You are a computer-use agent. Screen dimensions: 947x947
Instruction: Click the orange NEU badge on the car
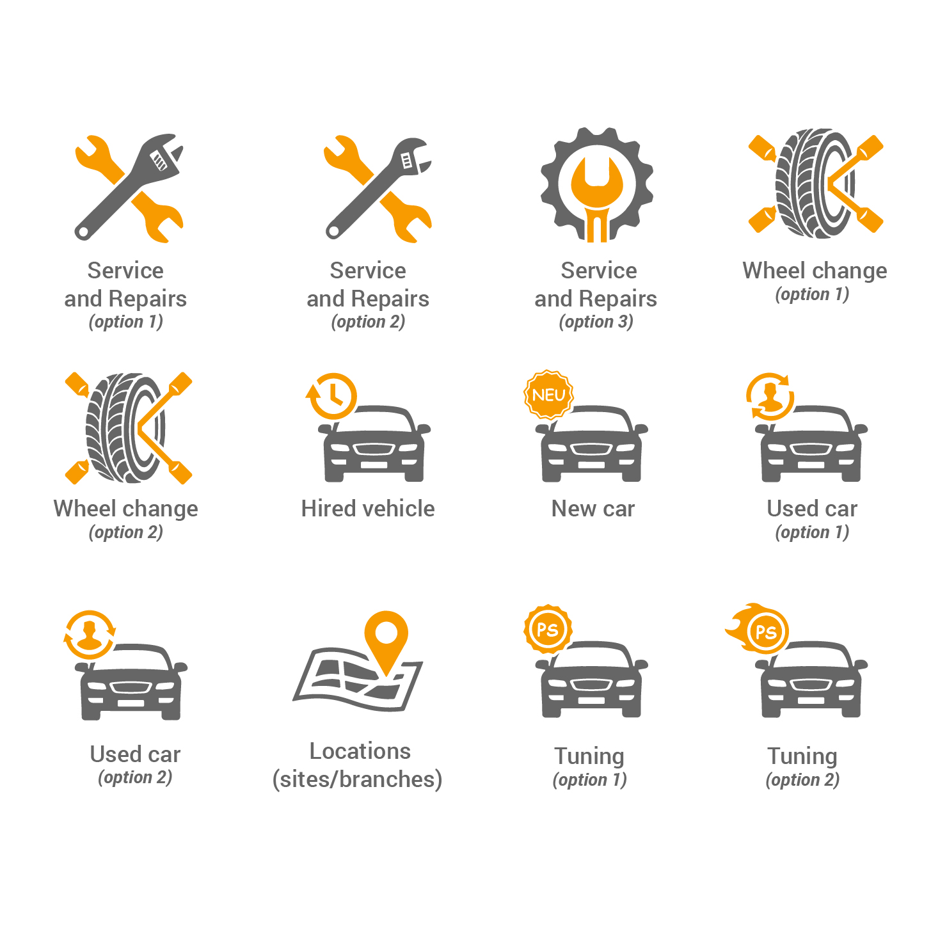[x=548, y=395]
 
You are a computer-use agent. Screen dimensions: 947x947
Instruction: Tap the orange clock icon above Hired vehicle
[x=331, y=396]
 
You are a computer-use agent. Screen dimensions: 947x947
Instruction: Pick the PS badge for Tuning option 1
[x=548, y=630]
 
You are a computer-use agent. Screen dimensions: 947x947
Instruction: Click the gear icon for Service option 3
[x=596, y=184]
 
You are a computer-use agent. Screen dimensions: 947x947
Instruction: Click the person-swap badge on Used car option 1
[x=770, y=397]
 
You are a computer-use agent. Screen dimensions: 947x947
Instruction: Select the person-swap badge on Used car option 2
[x=90, y=635]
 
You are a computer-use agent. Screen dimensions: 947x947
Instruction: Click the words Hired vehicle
[x=368, y=509]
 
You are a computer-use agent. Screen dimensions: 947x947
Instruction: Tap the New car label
[x=593, y=509]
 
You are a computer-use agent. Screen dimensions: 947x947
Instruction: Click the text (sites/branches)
[x=357, y=779]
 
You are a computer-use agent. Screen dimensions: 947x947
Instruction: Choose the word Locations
[x=360, y=751]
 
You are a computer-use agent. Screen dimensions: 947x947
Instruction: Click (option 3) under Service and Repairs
[x=596, y=322]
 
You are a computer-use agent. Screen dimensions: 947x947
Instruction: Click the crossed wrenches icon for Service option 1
[x=129, y=188]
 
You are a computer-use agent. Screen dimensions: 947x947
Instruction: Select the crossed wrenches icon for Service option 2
[x=378, y=188]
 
